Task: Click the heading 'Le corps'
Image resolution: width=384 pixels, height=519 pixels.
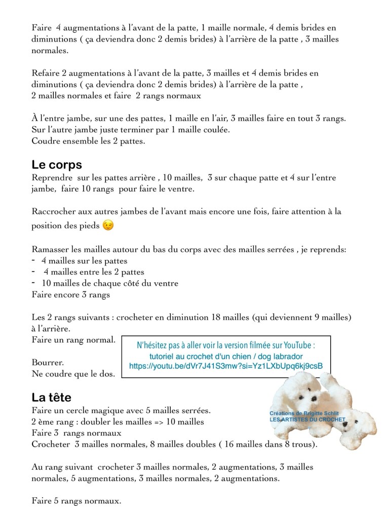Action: click(56, 165)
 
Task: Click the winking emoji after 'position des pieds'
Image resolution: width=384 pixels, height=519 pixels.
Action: click(107, 225)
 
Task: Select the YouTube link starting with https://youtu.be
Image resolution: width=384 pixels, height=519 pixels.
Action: click(225, 366)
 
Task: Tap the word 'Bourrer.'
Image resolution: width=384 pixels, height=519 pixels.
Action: click(48, 363)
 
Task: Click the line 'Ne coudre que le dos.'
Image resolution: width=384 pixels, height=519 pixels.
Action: click(73, 375)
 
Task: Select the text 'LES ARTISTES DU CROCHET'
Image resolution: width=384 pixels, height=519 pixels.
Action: click(307, 420)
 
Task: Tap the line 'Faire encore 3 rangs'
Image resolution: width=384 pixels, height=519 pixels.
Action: click(70, 294)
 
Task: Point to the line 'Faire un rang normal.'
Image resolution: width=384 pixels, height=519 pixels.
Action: click(73, 339)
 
